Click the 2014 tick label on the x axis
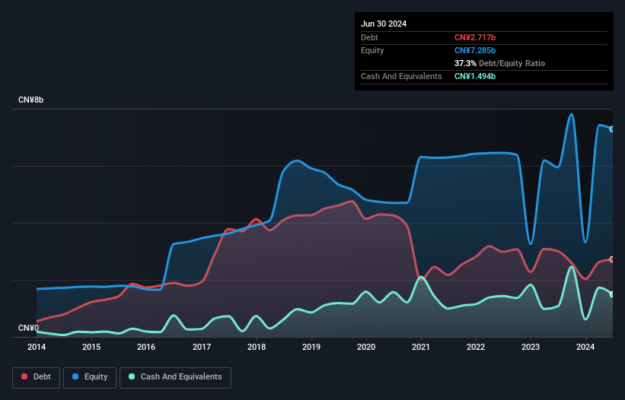click(x=37, y=348)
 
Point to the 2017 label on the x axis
click(x=202, y=348)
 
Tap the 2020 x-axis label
click(x=366, y=348)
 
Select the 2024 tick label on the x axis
click(x=585, y=348)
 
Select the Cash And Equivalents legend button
click(x=175, y=376)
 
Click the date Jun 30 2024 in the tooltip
click(x=384, y=24)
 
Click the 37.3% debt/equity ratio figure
click(x=465, y=63)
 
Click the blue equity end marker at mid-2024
click(x=612, y=129)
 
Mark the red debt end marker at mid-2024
click(x=612, y=259)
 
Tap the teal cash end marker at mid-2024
click(x=612, y=294)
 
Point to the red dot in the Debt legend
click(x=24, y=376)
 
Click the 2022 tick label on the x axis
click(x=476, y=348)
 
